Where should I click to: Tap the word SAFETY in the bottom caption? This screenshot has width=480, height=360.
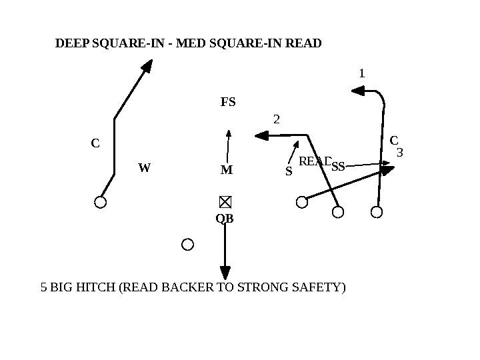319,288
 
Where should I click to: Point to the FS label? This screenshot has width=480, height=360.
228,103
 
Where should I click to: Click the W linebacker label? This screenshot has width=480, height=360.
145,167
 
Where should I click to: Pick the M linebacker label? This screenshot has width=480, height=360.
227,170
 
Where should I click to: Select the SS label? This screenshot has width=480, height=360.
338,167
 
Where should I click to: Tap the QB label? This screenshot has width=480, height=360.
225,219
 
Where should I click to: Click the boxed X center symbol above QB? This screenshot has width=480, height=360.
225,202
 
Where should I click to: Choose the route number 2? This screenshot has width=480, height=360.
277,119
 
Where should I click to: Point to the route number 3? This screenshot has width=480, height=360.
400,153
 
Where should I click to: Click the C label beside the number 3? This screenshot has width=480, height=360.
393,140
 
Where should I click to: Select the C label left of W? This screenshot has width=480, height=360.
95,143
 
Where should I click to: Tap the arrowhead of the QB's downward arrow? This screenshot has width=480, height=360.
225,273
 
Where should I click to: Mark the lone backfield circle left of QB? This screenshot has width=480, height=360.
188,245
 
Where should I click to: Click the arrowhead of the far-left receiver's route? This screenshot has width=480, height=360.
147,65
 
